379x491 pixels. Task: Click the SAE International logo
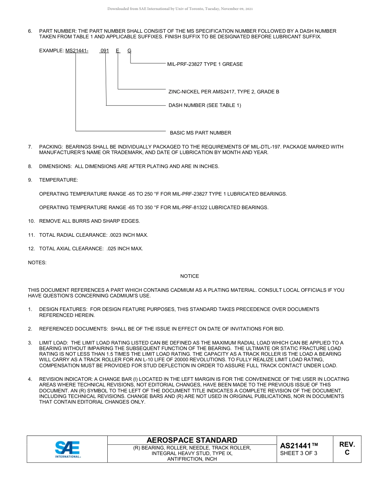pyautogui.click(x=67, y=449)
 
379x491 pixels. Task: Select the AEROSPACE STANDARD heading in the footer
pyautogui.click(x=192, y=440)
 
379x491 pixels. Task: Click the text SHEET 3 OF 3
pyautogui.click(x=299, y=453)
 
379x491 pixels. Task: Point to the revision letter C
pyautogui.click(x=347, y=452)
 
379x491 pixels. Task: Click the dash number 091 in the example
pyautogui.click(x=105, y=51)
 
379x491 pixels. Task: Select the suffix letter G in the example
pyautogui.click(x=129, y=51)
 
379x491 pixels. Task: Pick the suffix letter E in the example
pyautogui.click(x=118, y=51)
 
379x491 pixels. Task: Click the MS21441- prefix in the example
pyautogui.click(x=77, y=51)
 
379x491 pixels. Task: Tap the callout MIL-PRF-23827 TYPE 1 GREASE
pyautogui.click(x=205, y=64)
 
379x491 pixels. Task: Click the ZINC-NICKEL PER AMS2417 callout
pyautogui.click(x=223, y=92)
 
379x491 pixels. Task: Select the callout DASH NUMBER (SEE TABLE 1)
pyautogui.click(x=205, y=105)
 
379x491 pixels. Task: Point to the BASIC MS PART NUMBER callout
pyautogui.click(x=200, y=133)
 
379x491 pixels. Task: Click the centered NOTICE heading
pyautogui.click(x=189, y=276)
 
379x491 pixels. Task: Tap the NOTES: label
pyautogui.click(x=37, y=262)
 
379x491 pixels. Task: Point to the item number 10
pyautogui.click(x=32, y=221)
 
